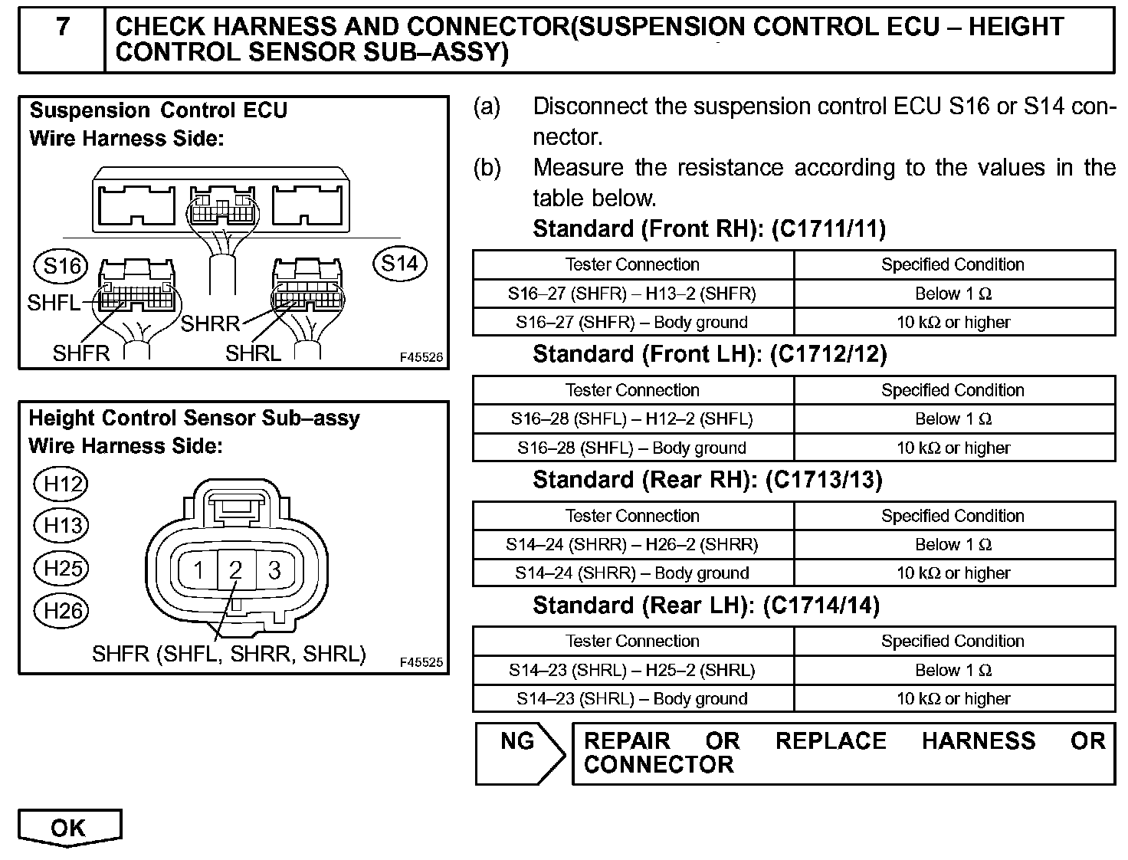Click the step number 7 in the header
pos(63,28)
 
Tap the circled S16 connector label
pos(61,266)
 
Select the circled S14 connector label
pos(399,264)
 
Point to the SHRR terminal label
pos(210,323)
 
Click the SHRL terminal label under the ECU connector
pos(253,353)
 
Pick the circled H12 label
pos(62,484)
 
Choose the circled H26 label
pos(62,611)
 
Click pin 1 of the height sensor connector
pos(198,570)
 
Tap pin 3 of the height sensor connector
pos(274,570)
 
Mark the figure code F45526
pos(421,357)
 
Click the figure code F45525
pos(421,662)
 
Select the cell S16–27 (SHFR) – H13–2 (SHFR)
pos(632,294)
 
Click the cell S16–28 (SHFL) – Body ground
pos(632,448)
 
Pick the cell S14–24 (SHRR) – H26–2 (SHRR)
pos(632,545)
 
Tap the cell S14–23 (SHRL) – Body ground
pos(632,699)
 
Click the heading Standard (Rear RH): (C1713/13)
pos(707,480)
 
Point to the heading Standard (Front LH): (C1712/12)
pos(710,354)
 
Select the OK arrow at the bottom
pos(69,828)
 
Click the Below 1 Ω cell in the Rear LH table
pos(953,671)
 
